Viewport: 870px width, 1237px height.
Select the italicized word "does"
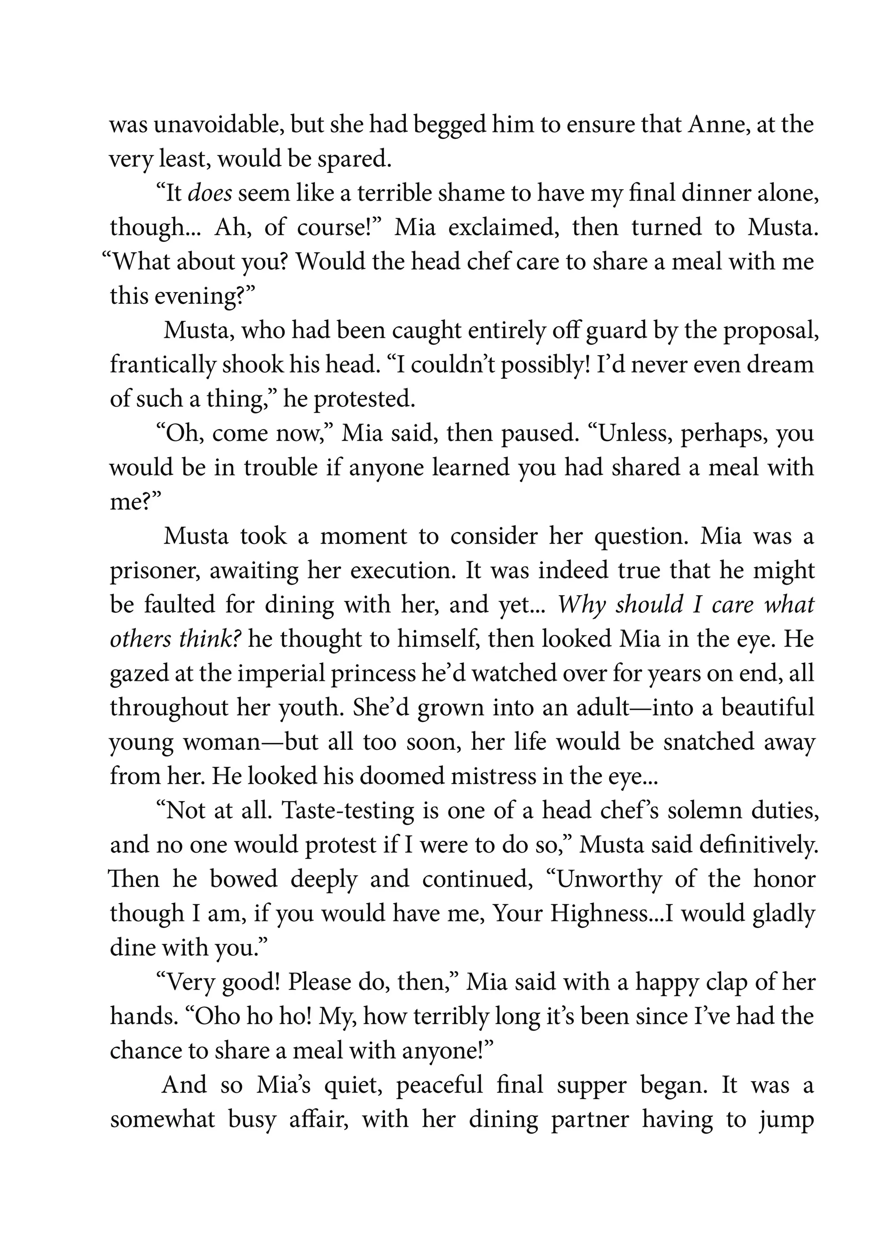(x=210, y=193)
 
